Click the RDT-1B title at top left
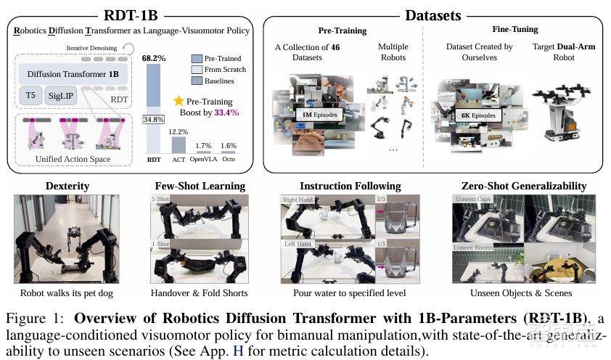131,13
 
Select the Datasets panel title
434,15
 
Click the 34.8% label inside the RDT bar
152,119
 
